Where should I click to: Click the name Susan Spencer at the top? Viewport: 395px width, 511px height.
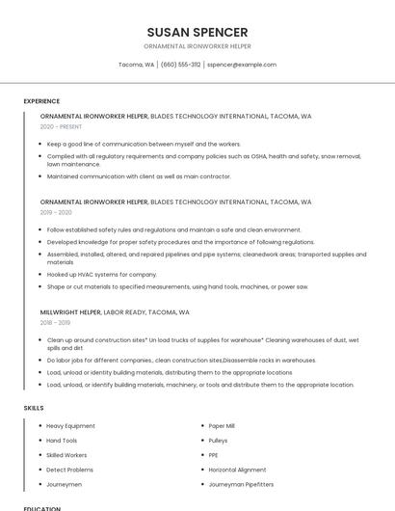pos(197,32)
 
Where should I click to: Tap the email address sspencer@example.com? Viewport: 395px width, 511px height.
pos(242,65)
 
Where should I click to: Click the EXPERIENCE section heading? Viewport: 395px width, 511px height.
pos(41,100)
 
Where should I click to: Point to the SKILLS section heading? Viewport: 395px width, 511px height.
pos(33,408)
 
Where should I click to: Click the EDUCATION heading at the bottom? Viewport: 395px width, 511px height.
pos(41,508)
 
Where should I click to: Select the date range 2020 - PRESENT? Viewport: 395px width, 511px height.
pos(61,126)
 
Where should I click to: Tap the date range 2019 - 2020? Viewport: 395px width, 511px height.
pos(56,212)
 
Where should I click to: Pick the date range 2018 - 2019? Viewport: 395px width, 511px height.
pos(55,322)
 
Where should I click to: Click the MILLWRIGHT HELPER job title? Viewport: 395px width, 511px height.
pos(70,312)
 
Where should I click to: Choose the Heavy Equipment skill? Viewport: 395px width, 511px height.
pos(70,426)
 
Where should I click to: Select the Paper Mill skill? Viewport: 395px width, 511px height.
pos(222,426)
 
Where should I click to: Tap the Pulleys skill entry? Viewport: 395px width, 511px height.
pos(218,441)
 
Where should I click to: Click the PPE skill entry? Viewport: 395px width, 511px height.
pos(213,455)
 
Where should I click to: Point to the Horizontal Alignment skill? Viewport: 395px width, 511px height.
pos(237,470)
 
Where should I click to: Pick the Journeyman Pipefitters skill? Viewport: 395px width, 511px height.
pos(241,484)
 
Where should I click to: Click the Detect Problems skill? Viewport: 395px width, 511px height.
pos(69,470)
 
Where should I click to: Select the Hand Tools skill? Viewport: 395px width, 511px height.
pos(62,441)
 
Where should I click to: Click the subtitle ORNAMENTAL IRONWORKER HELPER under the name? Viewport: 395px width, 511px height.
pos(197,46)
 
